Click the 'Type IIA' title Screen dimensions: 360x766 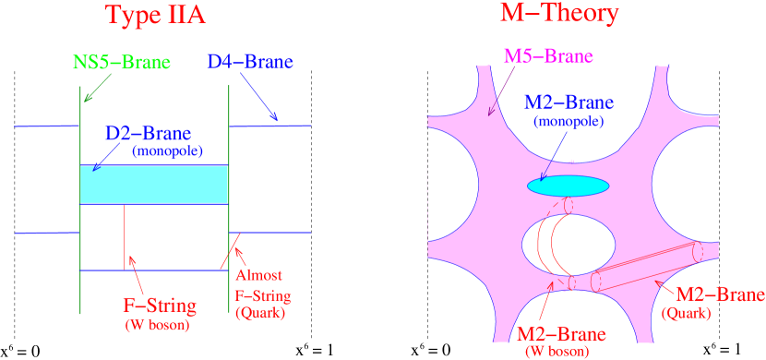pos(156,16)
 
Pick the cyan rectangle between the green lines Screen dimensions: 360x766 pos(154,185)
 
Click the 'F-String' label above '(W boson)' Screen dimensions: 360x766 pos(157,304)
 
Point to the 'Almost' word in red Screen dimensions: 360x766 pos(257,276)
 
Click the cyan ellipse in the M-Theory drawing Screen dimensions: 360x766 pos(568,186)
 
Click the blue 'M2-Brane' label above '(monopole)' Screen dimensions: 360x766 pos(569,102)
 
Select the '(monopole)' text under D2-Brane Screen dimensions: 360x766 pos(166,150)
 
